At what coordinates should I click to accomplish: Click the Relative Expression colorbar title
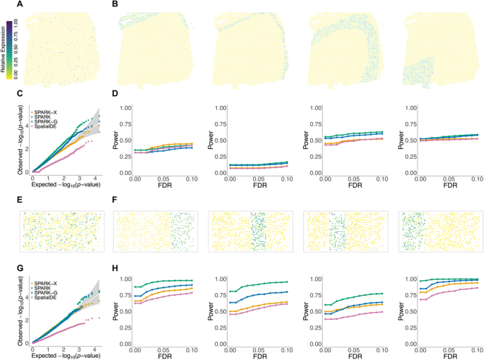pyautogui.click(x=4, y=48)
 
